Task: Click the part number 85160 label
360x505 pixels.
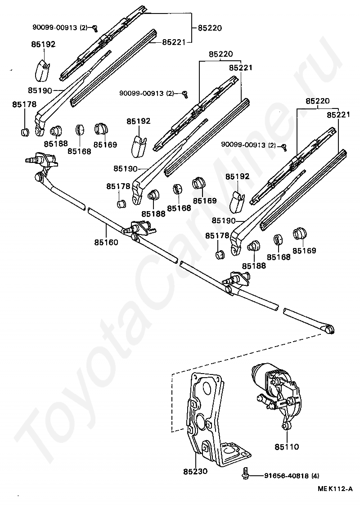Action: (x=106, y=242)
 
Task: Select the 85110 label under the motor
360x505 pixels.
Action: (x=287, y=447)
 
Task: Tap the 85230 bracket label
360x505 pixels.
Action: (x=195, y=471)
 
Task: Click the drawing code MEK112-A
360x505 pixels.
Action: (x=334, y=489)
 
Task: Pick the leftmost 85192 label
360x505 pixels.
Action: (x=43, y=45)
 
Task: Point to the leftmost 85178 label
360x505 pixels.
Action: (x=24, y=104)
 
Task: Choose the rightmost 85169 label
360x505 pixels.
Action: (x=304, y=251)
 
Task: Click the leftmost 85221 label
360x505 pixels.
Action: (x=174, y=42)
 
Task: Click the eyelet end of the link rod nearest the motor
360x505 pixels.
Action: (x=330, y=330)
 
